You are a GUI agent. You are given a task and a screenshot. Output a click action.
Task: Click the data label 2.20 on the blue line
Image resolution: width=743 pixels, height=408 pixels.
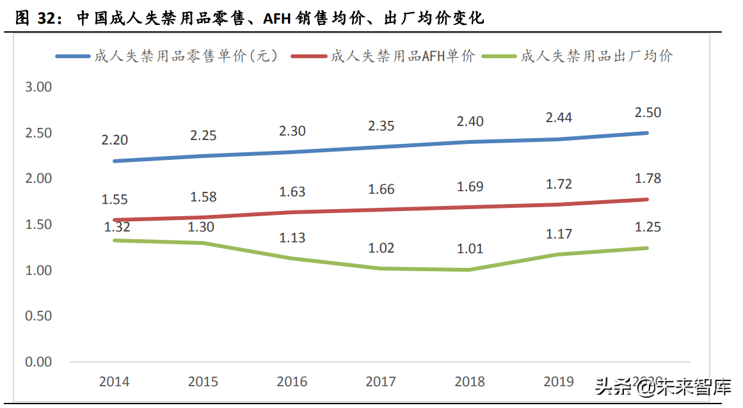tap(115, 141)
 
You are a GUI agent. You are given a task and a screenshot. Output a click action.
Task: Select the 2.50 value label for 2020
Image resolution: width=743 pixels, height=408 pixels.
tap(647, 113)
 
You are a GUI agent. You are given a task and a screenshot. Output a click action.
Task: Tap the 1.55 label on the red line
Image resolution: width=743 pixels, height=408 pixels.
tap(115, 200)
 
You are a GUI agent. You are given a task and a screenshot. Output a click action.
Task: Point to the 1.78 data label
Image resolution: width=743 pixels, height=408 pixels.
tap(647, 178)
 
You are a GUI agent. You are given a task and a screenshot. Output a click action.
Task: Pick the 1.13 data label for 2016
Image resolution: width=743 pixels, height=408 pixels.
tap(292, 238)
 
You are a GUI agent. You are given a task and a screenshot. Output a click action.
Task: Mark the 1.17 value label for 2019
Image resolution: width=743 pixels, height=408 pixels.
tap(558, 234)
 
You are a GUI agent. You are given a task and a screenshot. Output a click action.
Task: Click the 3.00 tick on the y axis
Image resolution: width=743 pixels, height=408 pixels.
tap(38, 87)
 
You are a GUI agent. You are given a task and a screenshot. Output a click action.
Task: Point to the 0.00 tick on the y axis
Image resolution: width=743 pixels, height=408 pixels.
tap(38, 362)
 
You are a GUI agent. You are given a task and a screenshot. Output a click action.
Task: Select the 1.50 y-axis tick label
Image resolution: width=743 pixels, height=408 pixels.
tap(38, 224)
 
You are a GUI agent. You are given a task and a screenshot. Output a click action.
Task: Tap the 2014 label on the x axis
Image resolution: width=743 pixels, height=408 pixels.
tap(115, 382)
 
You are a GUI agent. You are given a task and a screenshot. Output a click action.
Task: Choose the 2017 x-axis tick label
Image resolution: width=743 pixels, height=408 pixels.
tap(381, 382)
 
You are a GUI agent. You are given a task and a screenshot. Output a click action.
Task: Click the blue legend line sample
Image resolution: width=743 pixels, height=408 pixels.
tap(73, 56)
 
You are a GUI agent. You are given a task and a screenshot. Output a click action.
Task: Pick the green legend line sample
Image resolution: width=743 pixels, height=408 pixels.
tap(500, 56)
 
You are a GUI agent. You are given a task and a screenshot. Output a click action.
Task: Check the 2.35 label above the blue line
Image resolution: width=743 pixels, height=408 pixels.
tap(381, 125)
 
